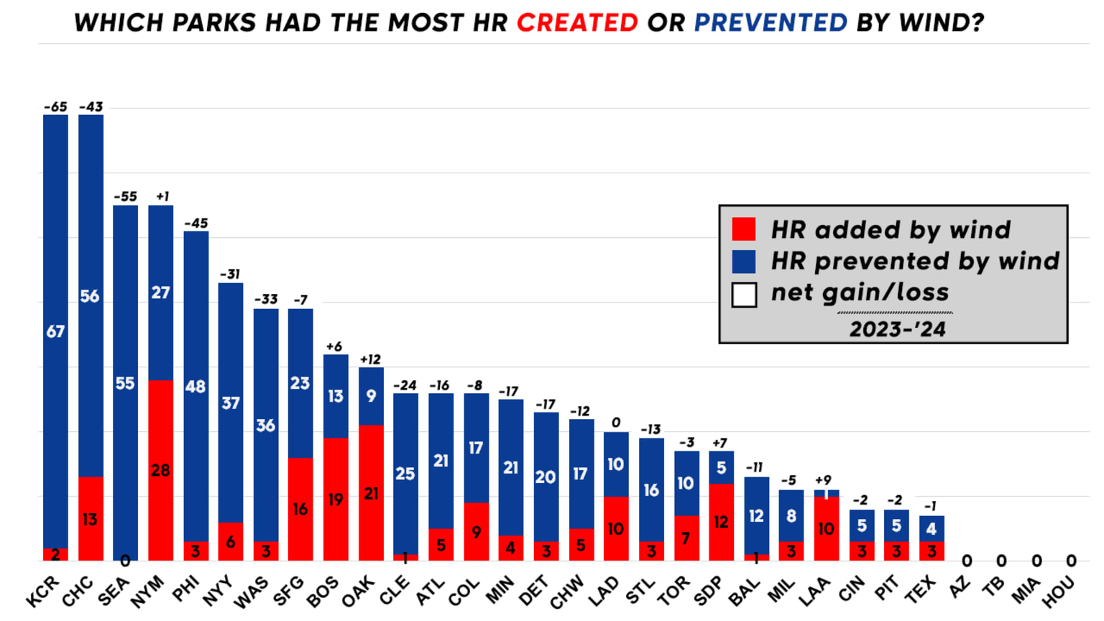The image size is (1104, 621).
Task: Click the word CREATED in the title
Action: tap(577, 23)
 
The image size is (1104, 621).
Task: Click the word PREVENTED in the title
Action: tap(770, 23)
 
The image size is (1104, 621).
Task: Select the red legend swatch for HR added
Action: tap(744, 229)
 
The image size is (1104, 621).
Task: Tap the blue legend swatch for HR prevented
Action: tap(744, 262)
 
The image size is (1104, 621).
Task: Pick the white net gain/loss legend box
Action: tap(744, 295)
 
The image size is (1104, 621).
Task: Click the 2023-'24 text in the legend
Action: tap(897, 329)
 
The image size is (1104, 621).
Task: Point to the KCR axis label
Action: tap(42, 592)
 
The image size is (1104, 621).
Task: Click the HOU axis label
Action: tap(1059, 592)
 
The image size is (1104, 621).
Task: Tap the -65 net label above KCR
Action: tap(55, 107)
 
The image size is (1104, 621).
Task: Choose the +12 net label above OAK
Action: tap(370, 359)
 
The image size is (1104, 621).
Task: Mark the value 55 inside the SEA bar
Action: tap(125, 383)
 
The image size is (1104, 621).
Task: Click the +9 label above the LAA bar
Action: tap(823, 480)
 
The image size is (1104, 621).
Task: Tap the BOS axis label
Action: tap(323, 592)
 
